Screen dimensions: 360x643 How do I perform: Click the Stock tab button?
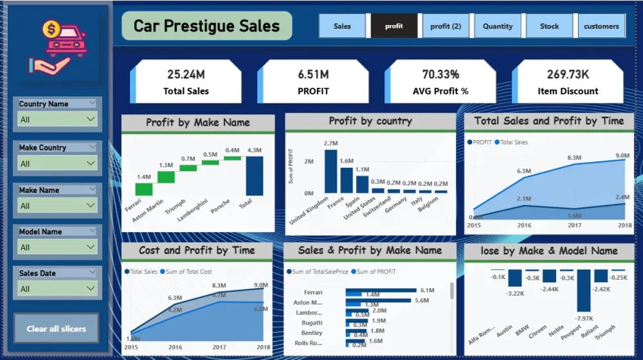(550, 26)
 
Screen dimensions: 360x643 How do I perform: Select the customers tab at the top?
(601, 26)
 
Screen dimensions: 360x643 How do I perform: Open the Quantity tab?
(498, 26)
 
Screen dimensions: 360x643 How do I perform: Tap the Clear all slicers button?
(57, 328)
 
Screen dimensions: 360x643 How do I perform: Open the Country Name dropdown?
(57, 119)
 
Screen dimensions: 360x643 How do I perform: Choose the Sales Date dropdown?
(57, 289)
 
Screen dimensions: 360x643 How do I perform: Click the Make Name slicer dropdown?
(57, 206)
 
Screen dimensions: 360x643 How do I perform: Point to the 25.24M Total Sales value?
(186, 75)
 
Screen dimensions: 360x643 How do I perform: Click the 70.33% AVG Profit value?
(440, 75)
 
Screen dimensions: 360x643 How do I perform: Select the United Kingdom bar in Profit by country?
(331, 171)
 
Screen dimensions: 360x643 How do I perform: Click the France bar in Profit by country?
(347, 180)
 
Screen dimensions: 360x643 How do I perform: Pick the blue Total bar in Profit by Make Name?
(255, 175)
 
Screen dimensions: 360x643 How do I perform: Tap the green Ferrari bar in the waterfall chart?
(144, 189)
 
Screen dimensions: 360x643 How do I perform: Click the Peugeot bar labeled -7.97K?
(584, 290)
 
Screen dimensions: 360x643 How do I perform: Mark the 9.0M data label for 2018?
(622, 156)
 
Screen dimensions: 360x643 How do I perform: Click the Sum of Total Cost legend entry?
(188, 272)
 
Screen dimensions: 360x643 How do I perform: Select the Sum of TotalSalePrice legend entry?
(320, 272)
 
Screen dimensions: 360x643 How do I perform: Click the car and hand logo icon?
(57, 45)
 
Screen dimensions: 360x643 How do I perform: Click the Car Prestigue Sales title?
(206, 26)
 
